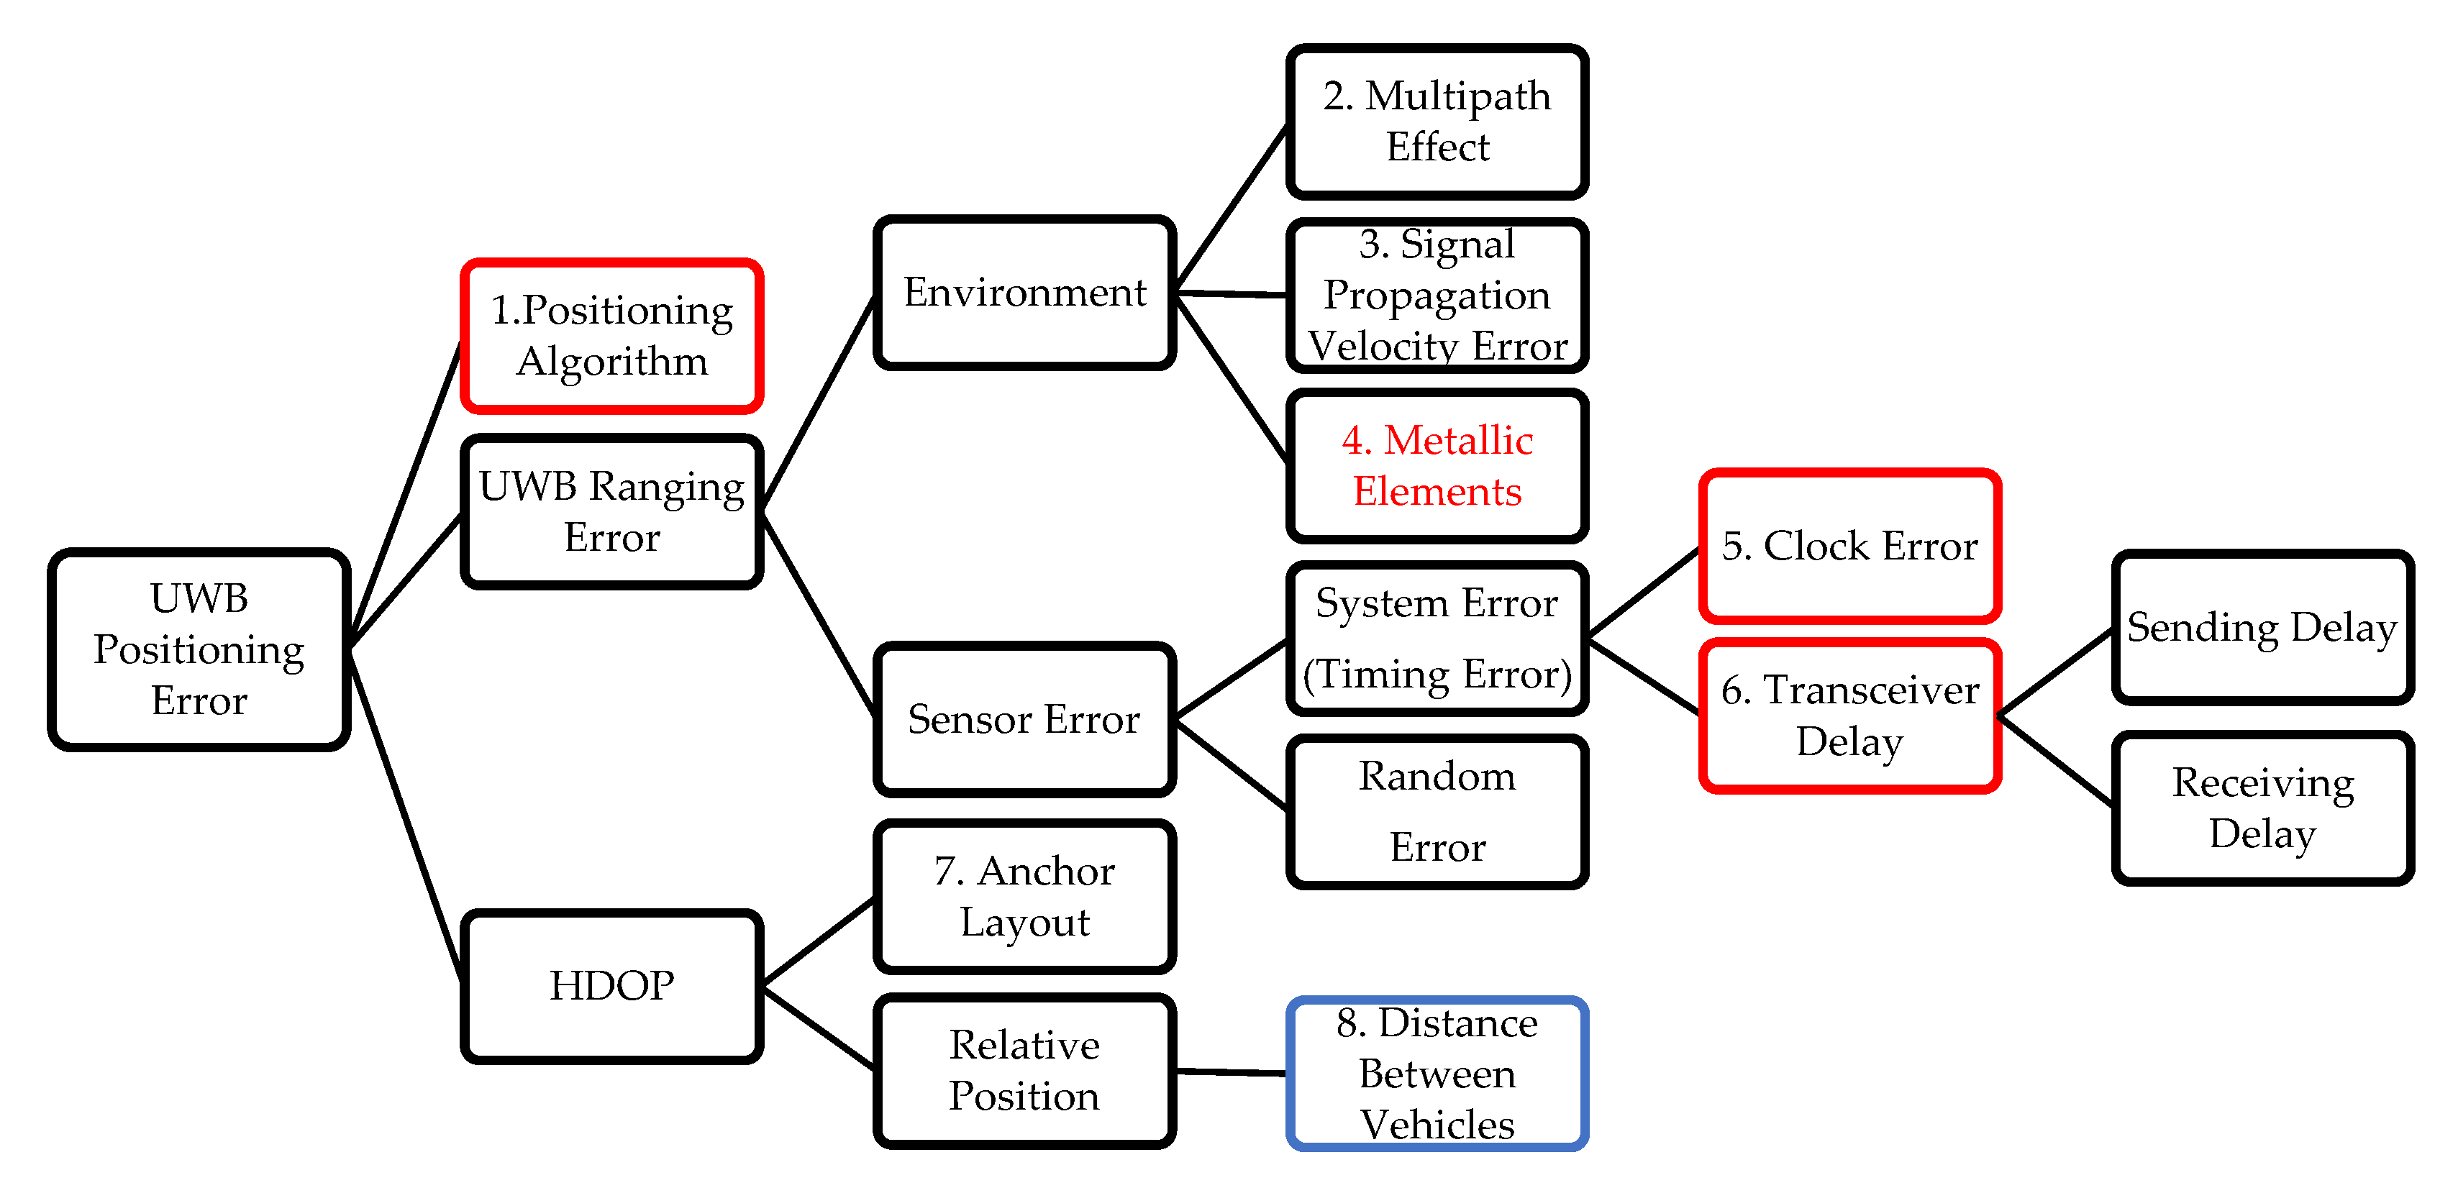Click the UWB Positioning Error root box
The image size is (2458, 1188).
click(199, 649)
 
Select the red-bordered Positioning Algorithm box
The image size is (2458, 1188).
click(611, 336)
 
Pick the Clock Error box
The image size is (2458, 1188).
click(1849, 546)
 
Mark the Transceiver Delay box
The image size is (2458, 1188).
click(1849, 716)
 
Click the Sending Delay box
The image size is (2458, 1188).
click(2262, 627)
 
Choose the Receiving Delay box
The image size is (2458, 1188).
click(2262, 808)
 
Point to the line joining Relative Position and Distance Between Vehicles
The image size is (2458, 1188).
click(1231, 1072)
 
